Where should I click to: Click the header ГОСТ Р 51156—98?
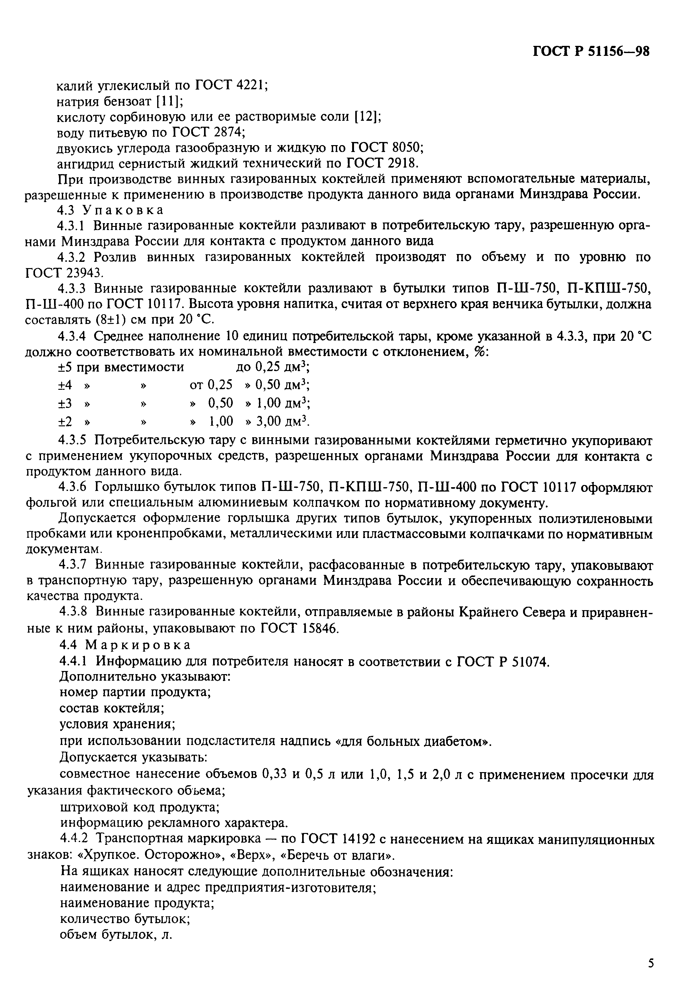(x=591, y=51)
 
